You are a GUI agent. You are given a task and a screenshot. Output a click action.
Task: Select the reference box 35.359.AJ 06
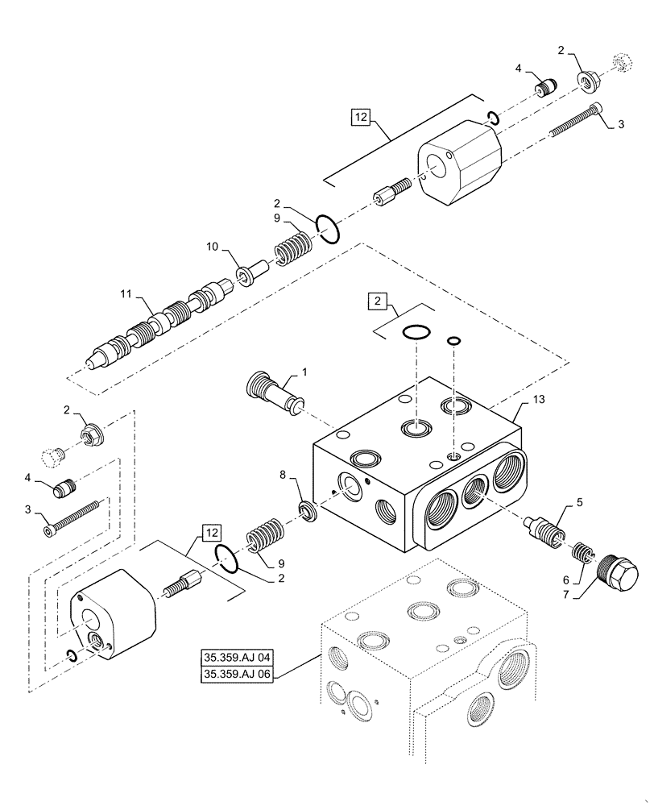238,675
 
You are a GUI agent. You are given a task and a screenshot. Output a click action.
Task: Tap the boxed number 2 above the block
376,301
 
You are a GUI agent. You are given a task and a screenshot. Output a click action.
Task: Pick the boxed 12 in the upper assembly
359,118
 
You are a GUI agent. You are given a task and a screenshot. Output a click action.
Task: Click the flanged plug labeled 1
275,394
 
